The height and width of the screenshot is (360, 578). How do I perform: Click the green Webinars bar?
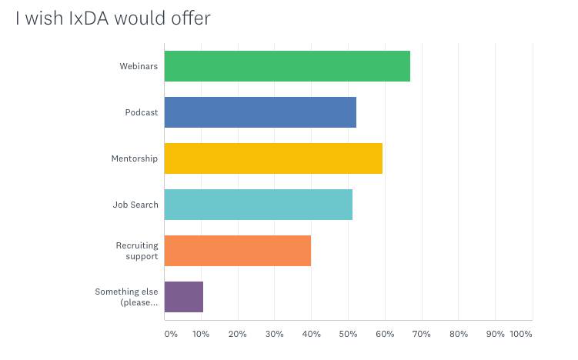[x=287, y=66]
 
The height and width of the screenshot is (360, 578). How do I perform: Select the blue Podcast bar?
[x=260, y=112]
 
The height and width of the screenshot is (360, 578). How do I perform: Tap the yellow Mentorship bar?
[x=273, y=158]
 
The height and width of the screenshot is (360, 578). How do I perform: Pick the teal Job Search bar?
[x=259, y=205]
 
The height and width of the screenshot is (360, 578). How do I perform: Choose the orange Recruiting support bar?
[x=238, y=251]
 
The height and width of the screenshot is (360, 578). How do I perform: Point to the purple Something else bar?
[x=184, y=297]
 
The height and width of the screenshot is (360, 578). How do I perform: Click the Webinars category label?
[x=139, y=66]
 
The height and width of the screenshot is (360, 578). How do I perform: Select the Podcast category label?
[x=142, y=112]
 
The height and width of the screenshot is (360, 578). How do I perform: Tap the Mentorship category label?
[x=135, y=158]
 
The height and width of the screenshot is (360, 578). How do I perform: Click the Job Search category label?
[x=135, y=205]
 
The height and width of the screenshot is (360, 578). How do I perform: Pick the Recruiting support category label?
[x=137, y=251]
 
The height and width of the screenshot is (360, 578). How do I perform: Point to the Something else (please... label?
[x=126, y=297]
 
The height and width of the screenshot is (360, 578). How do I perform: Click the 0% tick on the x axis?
[x=171, y=334]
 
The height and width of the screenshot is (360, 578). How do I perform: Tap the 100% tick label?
[x=520, y=334]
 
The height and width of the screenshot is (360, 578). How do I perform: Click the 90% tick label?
[x=495, y=334]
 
